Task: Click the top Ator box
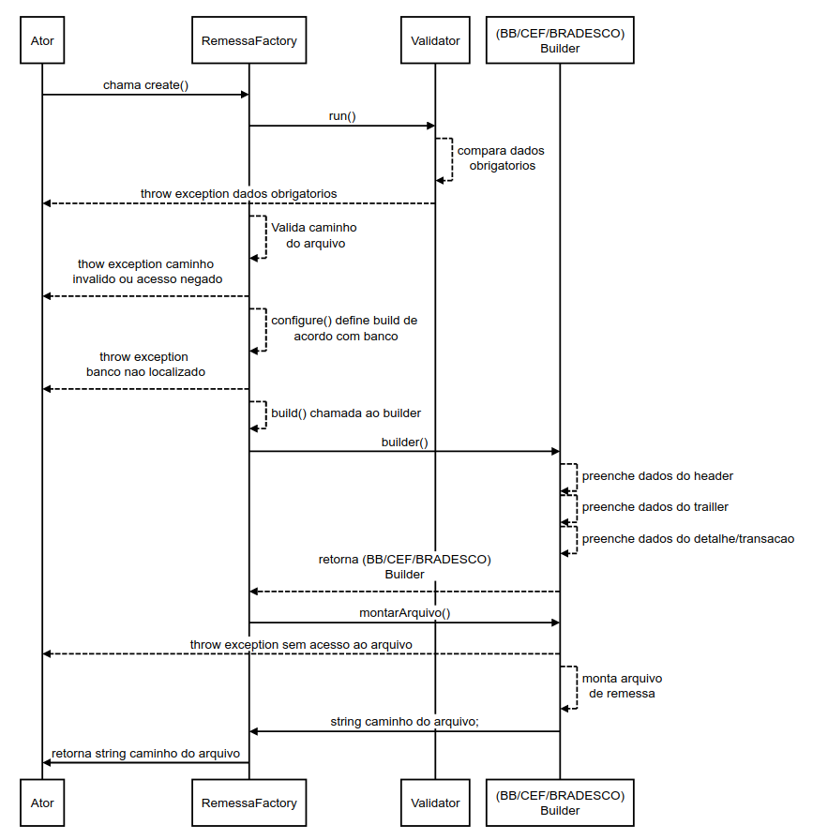[42, 40]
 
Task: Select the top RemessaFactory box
[248, 40]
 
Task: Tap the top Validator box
[435, 40]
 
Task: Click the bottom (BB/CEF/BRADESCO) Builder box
[560, 802]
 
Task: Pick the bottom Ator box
[42, 802]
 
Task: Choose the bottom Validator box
[435, 802]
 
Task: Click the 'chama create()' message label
[145, 85]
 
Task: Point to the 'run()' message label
[342, 116]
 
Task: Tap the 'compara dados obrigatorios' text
[501, 157]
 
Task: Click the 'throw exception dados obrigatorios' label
[238, 194]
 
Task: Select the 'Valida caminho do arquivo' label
[314, 235]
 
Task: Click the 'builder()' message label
[404, 442]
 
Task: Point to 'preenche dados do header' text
[657, 476]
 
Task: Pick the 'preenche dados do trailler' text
[655, 507]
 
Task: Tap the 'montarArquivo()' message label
[405, 613]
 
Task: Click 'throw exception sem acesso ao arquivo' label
[301, 644]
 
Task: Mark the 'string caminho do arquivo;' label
[405, 722]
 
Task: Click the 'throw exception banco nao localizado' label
[145, 365]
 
